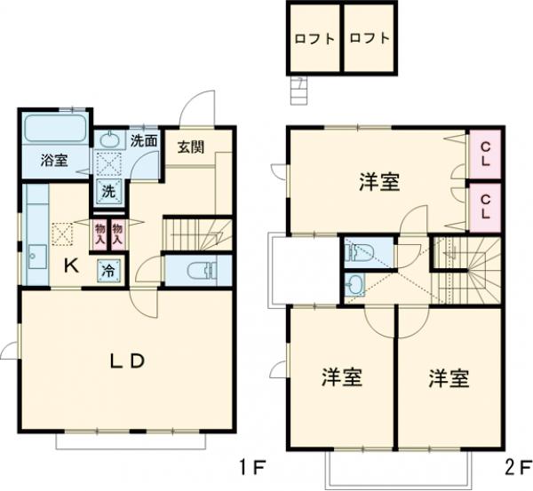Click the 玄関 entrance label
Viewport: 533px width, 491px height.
[x=189, y=147]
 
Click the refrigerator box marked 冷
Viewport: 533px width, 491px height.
[x=106, y=269]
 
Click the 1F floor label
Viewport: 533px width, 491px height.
[x=252, y=465]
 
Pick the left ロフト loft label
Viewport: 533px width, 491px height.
[x=314, y=39]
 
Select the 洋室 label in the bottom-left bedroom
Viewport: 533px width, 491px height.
[x=341, y=377]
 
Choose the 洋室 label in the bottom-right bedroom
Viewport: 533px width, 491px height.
[x=448, y=377]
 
